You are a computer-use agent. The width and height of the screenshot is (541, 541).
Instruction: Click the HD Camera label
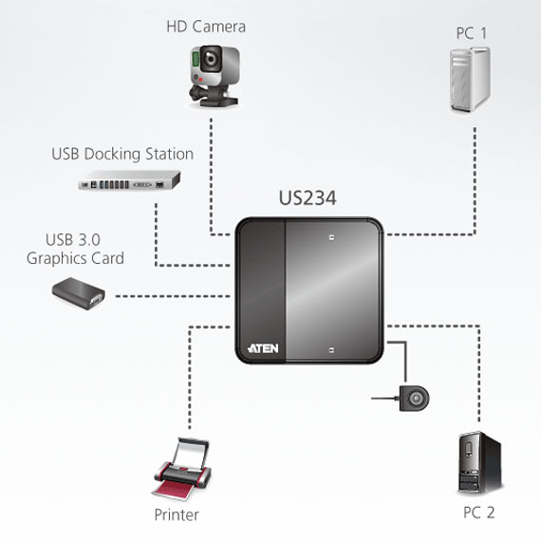coord(206,27)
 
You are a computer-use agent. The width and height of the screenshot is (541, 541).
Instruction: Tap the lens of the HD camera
coord(210,59)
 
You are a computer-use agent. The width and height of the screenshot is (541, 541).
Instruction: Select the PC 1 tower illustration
coord(470,80)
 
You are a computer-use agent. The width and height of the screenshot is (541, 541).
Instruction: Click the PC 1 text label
coord(472,33)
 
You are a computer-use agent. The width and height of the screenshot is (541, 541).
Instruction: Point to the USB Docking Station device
coord(129,179)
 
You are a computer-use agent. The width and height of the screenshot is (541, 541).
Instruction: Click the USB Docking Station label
coord(122,154)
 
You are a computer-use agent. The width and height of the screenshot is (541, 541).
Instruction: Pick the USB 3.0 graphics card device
coord(79,293)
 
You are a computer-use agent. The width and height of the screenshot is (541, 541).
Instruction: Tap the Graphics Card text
coord(75,258)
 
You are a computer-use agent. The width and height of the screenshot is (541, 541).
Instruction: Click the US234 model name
coord(308,198)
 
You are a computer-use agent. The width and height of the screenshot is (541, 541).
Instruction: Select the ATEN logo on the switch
coord(263,348)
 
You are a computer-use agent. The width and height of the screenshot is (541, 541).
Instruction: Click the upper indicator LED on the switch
coord(331,237)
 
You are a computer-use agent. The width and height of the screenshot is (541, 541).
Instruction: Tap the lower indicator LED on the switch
coord(331,350)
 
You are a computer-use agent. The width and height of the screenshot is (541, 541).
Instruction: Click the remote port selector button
coord(414,399)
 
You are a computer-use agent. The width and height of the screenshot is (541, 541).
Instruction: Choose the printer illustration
coord(181,469)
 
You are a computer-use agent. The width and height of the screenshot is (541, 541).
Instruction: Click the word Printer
coord(177,514)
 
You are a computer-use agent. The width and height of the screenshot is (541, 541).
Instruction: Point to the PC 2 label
coord(479,513)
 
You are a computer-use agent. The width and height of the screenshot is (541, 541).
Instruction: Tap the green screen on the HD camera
coord(196,59)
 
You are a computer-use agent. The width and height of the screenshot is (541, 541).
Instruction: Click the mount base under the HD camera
coord(214,97)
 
